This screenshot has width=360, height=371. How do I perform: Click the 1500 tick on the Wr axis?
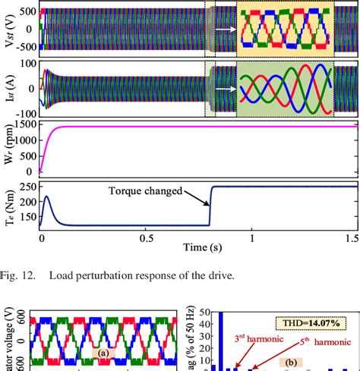pos(24,124)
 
